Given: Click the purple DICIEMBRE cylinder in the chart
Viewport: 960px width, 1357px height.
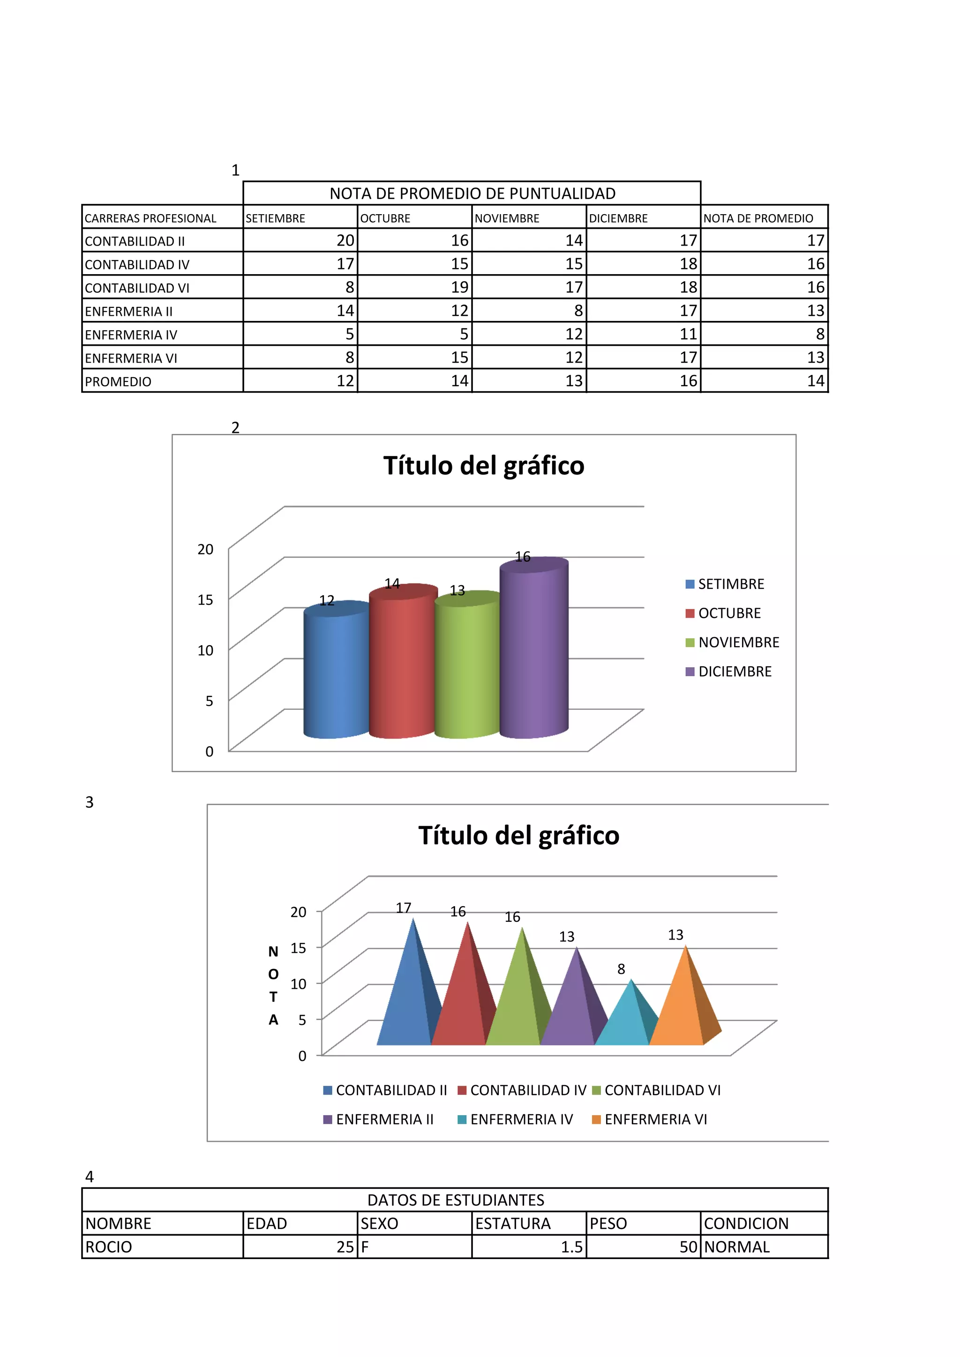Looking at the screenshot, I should coord(534,650).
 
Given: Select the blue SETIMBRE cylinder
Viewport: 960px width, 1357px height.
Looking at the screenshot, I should coord(335,674).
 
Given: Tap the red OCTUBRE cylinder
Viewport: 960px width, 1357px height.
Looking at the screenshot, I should coord(402,665).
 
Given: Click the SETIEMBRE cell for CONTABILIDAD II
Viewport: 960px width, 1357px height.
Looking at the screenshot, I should coord(300,240).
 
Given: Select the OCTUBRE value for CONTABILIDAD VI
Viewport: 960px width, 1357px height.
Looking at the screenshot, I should coord(415,287).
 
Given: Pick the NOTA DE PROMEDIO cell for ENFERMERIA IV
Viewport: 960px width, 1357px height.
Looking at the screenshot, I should coord(765,335).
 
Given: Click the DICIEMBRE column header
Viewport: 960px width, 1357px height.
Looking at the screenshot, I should coord(643,218).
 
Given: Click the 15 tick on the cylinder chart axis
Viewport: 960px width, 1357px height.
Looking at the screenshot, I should coord(205,600).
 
